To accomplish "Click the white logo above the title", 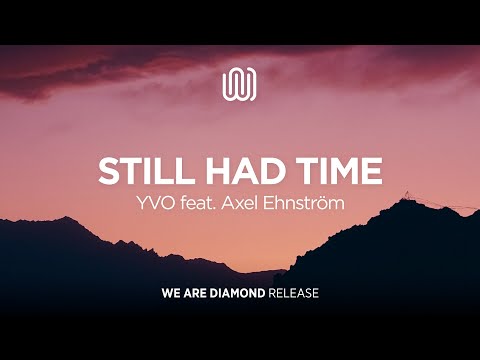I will click(x=240, y=83).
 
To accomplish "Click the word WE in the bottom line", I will click(x=170, y=295).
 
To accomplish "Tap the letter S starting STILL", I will click(x=107, y=171).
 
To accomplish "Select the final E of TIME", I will click(x=372, y=171).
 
